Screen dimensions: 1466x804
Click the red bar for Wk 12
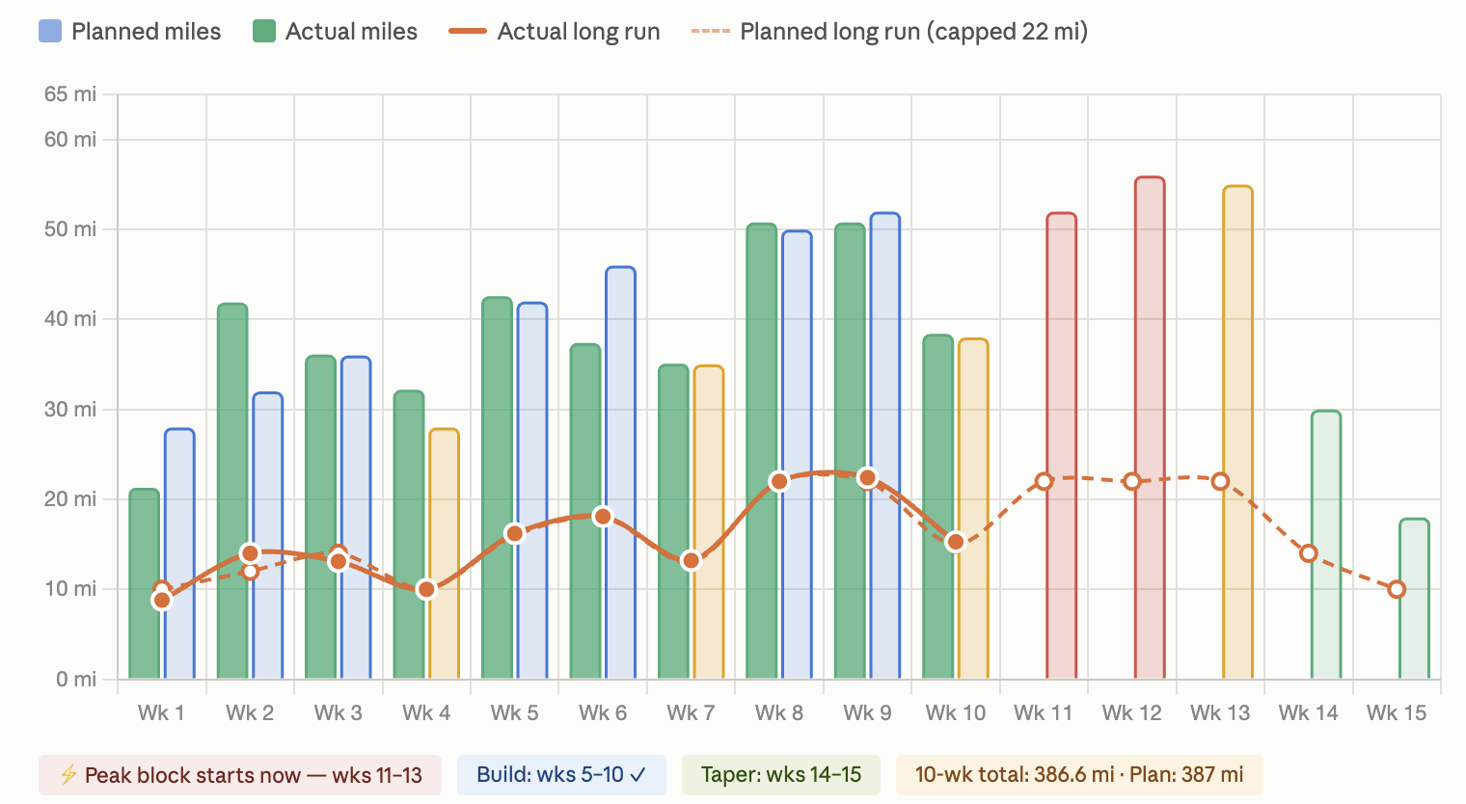[x=1150, y=427]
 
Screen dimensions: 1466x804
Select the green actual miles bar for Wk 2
[x=232, y=491]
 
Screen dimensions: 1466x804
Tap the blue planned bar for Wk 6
[x=620, y=472]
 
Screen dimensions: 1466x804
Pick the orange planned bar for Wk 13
[x=1238, y=432]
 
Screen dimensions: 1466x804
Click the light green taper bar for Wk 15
[x=1414, y=598]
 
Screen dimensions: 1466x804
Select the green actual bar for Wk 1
[x=144, y=583]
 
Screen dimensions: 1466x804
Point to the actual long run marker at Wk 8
[x=779, y=482]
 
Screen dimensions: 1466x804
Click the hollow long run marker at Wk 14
[x=1308, y=553]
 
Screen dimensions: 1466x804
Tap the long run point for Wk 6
[x=603, y=517]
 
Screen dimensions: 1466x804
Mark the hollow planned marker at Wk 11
[x=1044, y=482]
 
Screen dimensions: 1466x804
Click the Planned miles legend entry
[x=129, y=32]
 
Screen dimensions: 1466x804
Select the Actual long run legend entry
[x=555, y=32]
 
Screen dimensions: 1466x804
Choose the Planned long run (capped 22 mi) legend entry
[x=889, y=32]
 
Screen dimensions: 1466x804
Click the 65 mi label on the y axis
[x=70, y=94]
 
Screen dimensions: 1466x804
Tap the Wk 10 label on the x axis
[x=956, y=712]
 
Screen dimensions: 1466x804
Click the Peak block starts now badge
[x=240, y=775]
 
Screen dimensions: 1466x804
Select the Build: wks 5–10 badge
[x=561, y=775]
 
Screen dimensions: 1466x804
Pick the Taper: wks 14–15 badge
[x=781, y=775]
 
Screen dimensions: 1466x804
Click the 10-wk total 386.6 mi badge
[x=1079, y=775]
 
